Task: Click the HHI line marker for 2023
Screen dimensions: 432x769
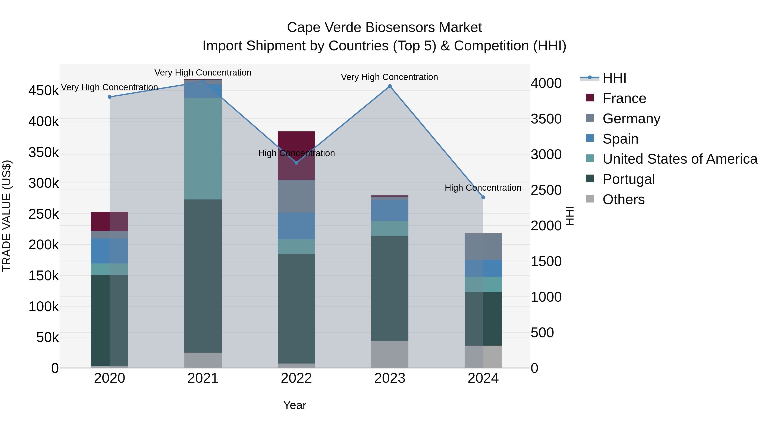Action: point(390,86)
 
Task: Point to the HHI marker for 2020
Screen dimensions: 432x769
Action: point(110,97)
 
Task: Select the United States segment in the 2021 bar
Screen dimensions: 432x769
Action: point(203,148)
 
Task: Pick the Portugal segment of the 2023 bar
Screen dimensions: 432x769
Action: point(390,288)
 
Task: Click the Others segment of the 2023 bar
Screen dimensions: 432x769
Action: point(390,355)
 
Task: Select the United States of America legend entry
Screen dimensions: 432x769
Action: point(679,159)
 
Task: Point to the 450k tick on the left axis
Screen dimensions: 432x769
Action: point(44,90)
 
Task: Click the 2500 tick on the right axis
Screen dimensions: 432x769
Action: point(546,190)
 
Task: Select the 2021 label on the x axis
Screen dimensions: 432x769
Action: point(203,378)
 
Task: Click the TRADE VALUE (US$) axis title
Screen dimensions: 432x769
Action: point(7,216)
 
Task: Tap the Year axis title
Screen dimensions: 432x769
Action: point(295,405)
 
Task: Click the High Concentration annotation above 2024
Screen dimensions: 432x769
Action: point(483,188)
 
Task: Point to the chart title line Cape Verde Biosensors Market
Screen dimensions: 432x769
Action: point(384,28)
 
